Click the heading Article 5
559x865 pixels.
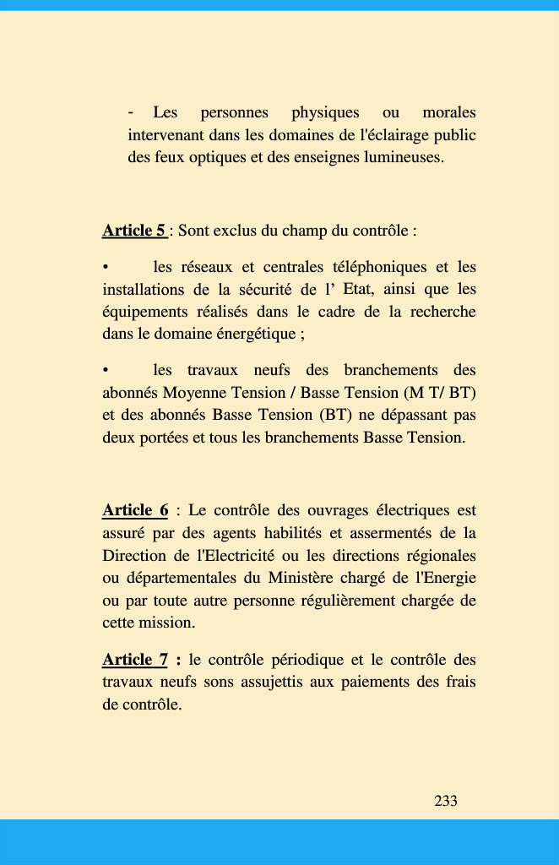coord(133,231)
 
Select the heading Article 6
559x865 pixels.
coord(135,511)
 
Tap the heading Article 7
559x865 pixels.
coord(135,660)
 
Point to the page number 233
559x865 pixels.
coord(446,801)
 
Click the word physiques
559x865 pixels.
coord(325,112)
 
